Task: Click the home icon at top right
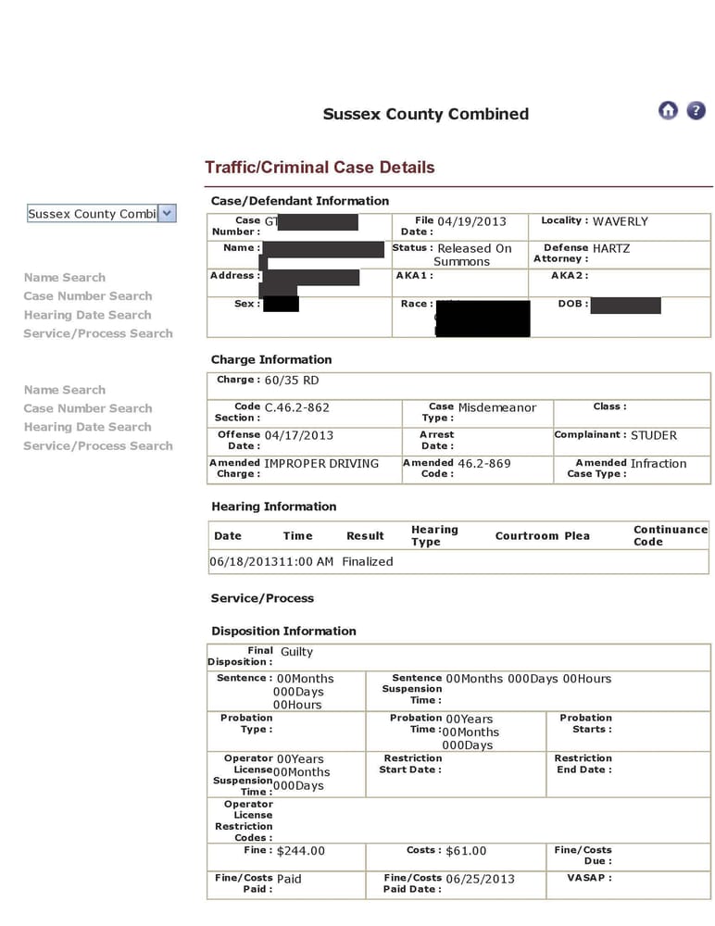click(668, 110)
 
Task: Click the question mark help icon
click(696, 110)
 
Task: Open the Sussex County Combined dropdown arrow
click(167, 213)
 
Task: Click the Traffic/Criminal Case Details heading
click(320, 168)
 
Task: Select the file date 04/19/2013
click(471, 221)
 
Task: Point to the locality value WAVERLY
click(620, 221)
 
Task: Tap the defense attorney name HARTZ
click(611, 248)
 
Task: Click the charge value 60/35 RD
click(292, 381)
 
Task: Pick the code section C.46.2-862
click(296, 407)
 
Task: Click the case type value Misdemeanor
click(496, 407)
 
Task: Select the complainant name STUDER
click(654, 435)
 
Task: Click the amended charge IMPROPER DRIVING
click(321, 463)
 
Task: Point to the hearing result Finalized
click(368, 561)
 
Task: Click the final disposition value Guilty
click(296, 652)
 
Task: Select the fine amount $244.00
click(301, 851)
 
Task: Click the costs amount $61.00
click(466, 851)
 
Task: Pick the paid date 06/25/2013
click(480, 879)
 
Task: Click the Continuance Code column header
click(670, 535)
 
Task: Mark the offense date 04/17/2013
click(298, 435)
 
